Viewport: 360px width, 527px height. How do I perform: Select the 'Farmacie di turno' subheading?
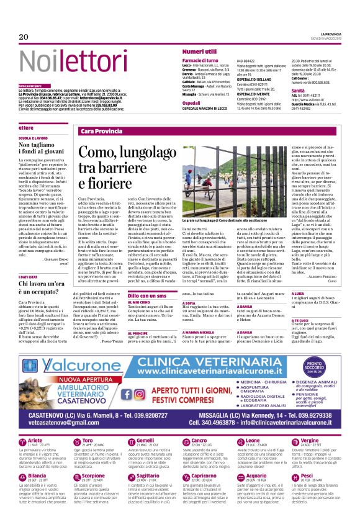199,60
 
